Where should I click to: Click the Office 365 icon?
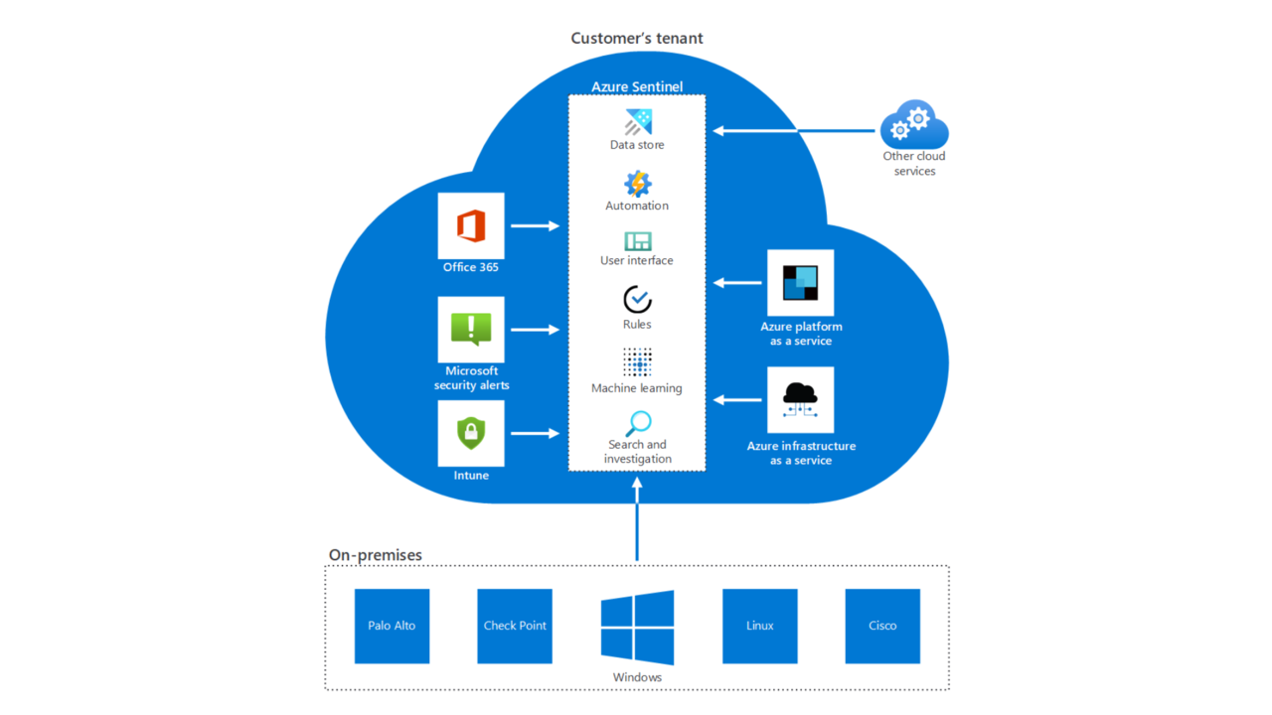(x=471, y=226)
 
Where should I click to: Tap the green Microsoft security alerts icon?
(x=471, y=329)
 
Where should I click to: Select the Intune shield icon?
(x=471, y=433)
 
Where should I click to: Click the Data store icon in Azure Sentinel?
(x=637, y=122)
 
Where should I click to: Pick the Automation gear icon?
(x=637, y=184)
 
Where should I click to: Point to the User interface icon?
(x=637, y=241)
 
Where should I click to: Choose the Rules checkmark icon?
(x=637, y=299)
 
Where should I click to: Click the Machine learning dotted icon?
(x=637, y=362)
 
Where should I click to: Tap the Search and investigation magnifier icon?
(x=637, y=423)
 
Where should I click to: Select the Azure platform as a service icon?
(x=800, y=283)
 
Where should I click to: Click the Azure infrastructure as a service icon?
(x=800, y=400)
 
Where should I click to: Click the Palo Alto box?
(x=392, y=626)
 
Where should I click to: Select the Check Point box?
(x=515, y=626)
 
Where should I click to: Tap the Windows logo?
(x=637, y=627)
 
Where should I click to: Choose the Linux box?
(x=759, y=626)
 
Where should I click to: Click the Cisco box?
(x=882, y=626)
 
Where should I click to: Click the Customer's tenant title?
(x=636, y=39)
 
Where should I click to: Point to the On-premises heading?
(x=376, y=555)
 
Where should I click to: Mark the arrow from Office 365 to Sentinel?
(x=536, y=226)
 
